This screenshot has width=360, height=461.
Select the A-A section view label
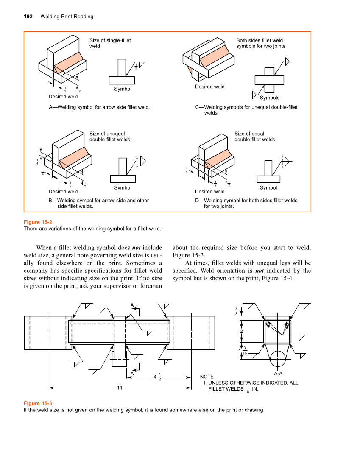tap(278, 374)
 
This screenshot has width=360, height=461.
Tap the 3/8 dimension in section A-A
tap(236, 311)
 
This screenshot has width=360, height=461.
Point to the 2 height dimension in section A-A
tap(241, 331)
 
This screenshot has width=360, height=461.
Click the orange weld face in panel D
tap(218, 157)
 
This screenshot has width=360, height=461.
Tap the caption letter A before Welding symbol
tap(51, 107)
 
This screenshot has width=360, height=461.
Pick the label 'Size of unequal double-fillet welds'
tap(109, 137)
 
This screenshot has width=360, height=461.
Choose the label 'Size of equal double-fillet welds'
tap(254, 137)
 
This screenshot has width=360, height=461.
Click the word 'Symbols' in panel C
tap(269, 98)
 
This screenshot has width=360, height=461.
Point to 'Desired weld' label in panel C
tap(209, 87)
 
